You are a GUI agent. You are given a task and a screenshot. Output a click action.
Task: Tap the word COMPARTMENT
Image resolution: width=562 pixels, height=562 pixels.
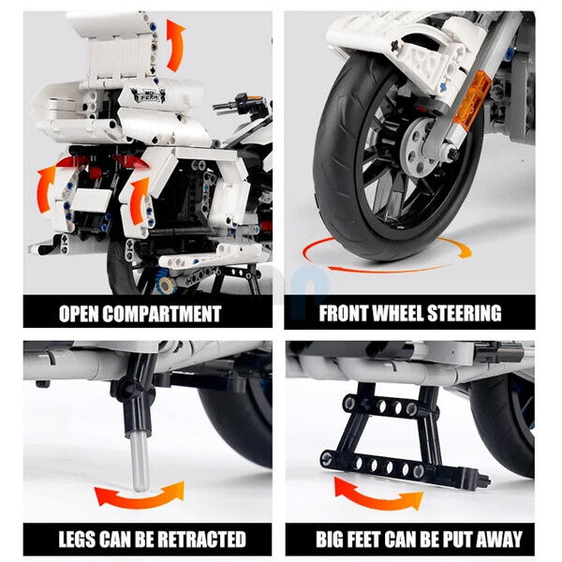click(x=162, y=314)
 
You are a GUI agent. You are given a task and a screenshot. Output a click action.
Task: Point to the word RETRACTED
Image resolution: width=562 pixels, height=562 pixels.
click(x=202, y=539)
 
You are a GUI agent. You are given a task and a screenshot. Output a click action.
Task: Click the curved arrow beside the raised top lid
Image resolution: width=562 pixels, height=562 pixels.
click(x=175, y=45)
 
